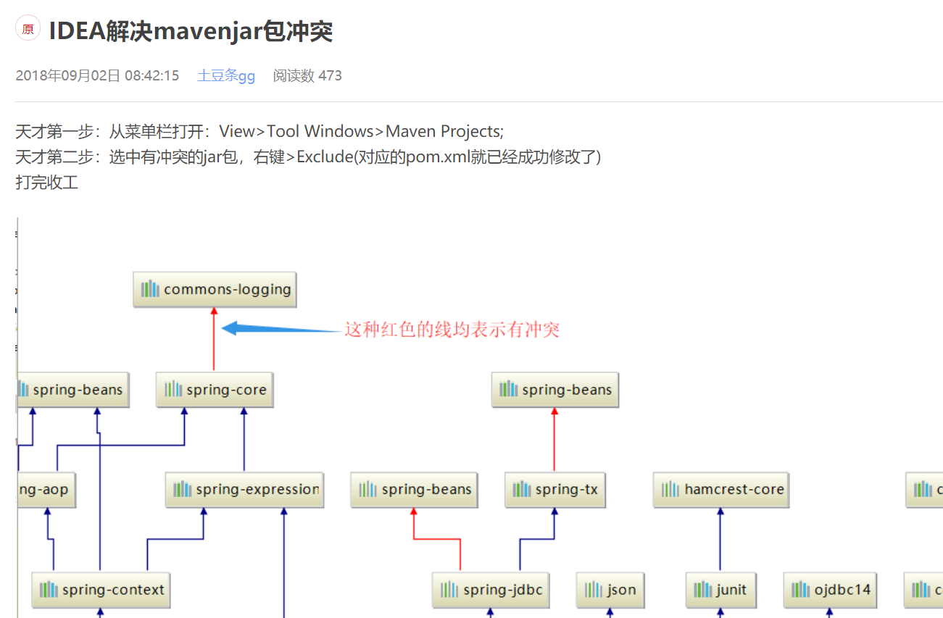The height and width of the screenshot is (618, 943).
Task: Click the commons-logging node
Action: [215, 290]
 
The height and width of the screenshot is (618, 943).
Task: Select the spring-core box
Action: [215, 390]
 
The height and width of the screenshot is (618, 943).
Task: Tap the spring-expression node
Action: [244, 490]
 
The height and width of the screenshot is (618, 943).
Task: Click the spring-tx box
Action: [555, 490]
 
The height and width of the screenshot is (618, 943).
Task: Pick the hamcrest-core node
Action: [721, 490]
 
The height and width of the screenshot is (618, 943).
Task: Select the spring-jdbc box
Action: [491, 590]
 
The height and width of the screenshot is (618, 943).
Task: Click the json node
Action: [610, 590]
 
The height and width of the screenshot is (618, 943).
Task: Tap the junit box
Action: [720, 590]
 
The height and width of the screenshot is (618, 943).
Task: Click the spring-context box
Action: [101, 590]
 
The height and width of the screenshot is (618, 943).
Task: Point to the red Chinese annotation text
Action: [452, 330]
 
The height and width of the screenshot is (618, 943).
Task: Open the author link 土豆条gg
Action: [226, 75]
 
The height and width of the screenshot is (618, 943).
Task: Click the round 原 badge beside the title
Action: [28, 29]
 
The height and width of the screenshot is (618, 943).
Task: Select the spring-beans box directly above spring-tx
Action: [555, 390]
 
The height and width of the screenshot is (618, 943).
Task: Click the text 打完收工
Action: [47, 183]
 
